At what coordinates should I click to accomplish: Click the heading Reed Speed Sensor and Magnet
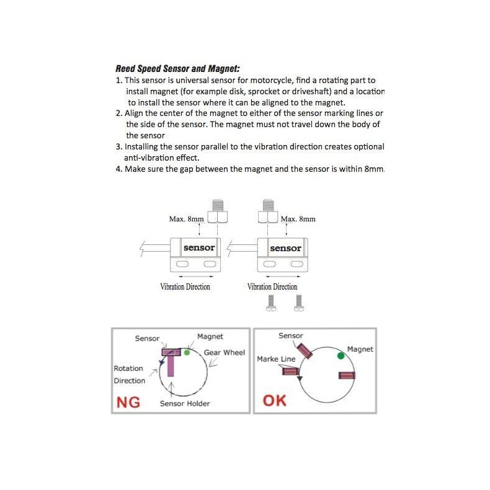[x=177, y=69]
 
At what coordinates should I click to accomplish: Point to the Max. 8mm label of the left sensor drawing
[x=186, y=219]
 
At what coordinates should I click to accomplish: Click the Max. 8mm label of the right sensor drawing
[x=298, y=219]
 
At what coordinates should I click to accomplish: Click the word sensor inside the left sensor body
[x=199, y=248]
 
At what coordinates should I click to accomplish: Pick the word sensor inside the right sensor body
[x=285, y=248]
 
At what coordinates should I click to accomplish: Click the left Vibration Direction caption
[x=185, y=287]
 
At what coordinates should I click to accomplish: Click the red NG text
[x=128, y=403]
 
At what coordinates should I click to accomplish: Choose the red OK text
[x=275, y=400]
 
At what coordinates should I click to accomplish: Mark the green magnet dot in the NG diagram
[x=187, y=352]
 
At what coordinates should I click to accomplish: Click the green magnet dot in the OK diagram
[x=341, y=356]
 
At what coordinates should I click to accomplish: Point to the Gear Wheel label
[x=225, y=352]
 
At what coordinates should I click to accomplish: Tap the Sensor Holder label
[x=185, y=404]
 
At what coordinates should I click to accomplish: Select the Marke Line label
[x=276, y=359]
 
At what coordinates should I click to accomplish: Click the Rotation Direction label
[x=129, y=375]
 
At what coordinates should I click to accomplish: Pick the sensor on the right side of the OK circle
[x=346, y=375]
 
